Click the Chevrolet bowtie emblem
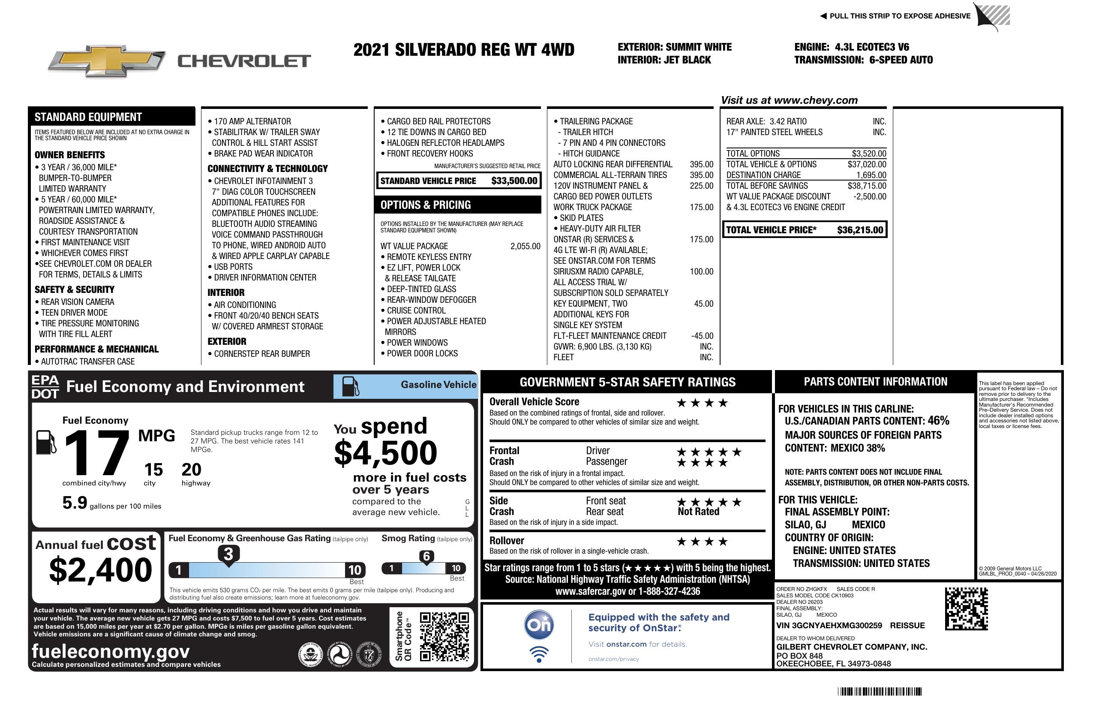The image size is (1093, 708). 106,61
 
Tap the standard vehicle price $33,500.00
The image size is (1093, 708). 514,181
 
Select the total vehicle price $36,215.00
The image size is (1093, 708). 860,230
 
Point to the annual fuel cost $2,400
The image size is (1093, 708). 100,570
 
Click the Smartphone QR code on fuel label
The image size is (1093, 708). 444,636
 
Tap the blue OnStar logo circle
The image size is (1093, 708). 539,625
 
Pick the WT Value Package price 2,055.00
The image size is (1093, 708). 525,246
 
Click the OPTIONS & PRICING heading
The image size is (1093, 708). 425,205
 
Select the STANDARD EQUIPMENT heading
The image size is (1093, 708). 88,117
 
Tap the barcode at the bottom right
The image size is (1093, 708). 879,691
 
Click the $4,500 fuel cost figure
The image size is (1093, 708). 385,453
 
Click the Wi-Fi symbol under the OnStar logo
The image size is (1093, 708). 539,654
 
